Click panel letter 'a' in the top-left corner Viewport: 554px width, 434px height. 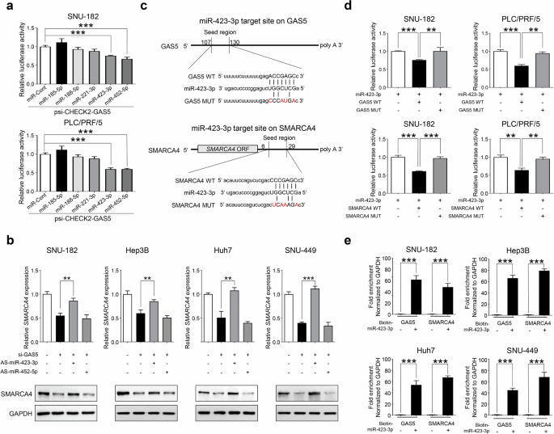[6, 6]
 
